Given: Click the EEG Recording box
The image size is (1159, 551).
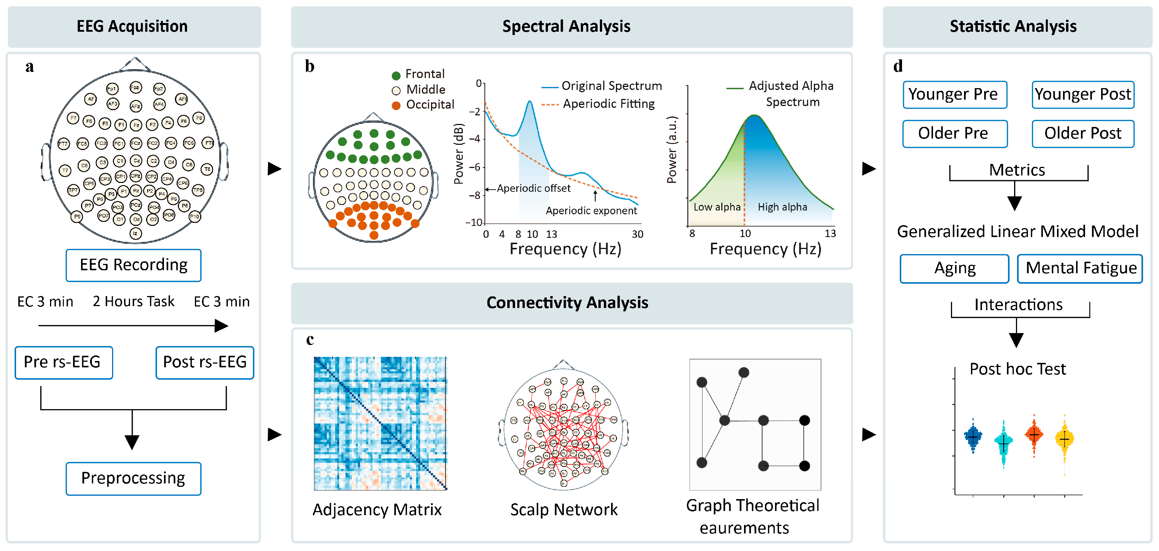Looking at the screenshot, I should point(133,265).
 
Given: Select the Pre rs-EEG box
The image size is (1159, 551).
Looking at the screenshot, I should point(63,362).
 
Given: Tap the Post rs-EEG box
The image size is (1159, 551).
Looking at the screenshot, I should point(205,362).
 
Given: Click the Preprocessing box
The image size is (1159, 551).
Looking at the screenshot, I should point(133,478).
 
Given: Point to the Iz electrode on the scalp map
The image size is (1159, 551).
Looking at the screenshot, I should point(136,233).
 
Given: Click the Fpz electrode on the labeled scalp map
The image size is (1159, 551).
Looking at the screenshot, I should point(136,87).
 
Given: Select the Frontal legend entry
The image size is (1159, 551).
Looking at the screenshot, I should point(424,74).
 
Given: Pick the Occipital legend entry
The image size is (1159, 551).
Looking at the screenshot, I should point(429,105).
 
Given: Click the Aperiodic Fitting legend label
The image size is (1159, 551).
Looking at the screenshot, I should point(608,104).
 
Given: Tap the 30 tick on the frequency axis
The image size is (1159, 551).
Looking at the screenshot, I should point(637,234).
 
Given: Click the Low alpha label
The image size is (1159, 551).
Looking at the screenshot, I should point(717,207).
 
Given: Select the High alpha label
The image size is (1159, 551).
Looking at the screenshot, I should point(783,207).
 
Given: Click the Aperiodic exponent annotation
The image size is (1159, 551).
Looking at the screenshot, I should point(591,211).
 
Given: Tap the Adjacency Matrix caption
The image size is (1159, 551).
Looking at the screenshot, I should point(377,510).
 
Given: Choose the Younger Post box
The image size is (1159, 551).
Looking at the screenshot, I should point(1082,94).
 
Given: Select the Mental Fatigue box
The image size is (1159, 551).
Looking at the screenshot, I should point(1080,268).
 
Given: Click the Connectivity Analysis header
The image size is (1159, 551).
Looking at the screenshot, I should point(567,303).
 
